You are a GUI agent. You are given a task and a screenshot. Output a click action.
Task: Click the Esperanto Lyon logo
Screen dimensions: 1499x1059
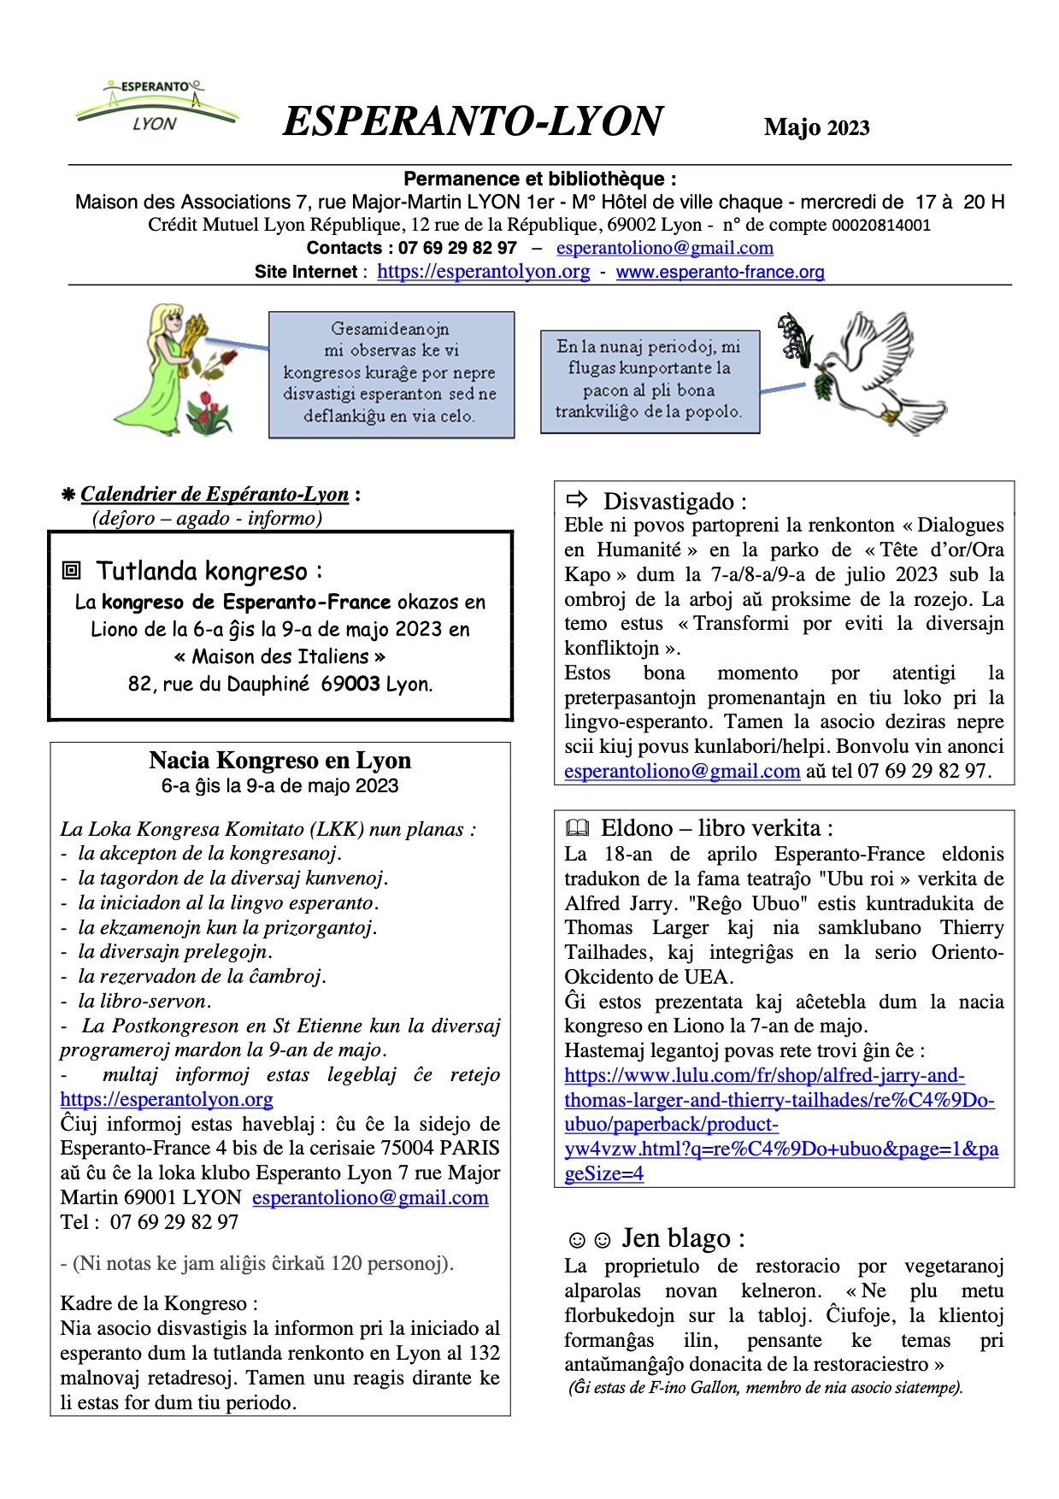pos(156,106)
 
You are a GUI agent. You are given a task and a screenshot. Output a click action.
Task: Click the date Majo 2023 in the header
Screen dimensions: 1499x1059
pos(816,127)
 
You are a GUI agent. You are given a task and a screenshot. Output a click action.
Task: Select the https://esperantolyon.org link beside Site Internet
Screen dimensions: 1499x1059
pos(483,272)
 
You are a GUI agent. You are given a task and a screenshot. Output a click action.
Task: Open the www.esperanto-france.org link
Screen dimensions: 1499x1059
pos(720,272)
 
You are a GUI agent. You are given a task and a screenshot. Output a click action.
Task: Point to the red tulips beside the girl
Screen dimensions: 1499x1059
pos(209,413)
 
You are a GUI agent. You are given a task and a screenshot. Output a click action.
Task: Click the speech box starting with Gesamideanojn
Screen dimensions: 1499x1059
pos(391,374)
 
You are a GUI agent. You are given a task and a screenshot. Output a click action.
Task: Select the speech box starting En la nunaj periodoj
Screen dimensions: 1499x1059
pos(650,381)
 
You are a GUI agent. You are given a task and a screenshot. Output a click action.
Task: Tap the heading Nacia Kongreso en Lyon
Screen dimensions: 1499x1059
pos(279,760)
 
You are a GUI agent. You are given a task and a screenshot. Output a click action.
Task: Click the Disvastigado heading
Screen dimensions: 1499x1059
pos(674,501)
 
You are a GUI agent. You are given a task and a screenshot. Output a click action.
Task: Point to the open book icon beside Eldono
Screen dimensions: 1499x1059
pos(578,828)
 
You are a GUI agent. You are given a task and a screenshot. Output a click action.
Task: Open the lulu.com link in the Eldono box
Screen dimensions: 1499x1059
pos(780,1125)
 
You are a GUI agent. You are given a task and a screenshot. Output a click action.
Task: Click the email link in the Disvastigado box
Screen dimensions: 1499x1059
pos(682,771)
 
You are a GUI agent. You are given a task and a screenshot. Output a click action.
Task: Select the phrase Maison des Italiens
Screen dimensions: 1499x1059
pos(279,656)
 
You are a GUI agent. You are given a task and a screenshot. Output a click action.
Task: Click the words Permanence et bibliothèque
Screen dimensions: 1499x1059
pos(539,179)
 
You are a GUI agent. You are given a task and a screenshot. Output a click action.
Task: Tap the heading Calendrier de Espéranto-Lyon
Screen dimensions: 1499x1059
pos(215,494)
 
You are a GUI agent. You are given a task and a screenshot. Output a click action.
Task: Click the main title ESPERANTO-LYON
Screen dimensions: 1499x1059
pos(473,121)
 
